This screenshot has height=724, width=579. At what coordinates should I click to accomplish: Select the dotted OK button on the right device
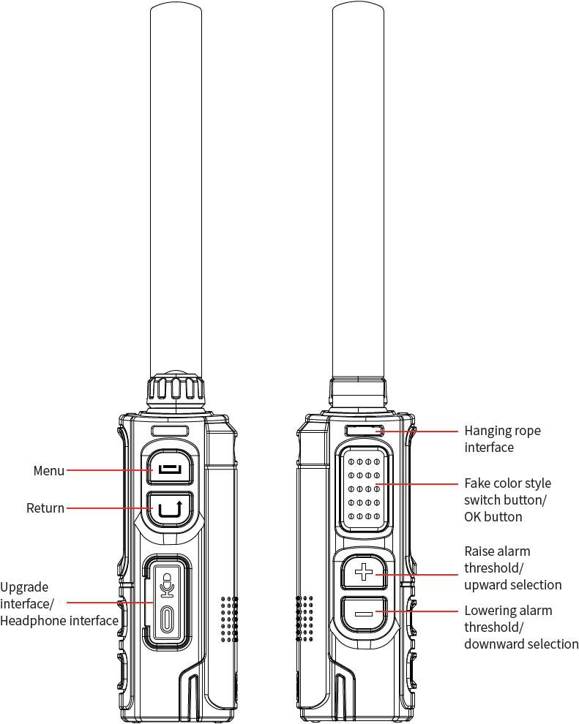tap(364, 489)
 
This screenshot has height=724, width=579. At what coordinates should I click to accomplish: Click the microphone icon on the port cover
tap(168, 583)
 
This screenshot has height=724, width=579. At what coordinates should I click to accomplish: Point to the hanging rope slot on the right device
tap(364, 431)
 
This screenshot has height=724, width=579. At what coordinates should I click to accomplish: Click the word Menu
tap(49, 471)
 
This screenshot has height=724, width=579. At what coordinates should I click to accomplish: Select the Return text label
tap(45, 508)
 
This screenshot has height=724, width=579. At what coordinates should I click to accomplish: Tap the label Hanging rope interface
tap(502, 439)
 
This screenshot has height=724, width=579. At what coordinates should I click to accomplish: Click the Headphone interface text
tap(59, 621)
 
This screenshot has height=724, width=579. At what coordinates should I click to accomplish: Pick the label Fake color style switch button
tap(507, 492)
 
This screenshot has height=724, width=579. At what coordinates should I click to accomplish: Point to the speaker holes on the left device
tap(229, 617)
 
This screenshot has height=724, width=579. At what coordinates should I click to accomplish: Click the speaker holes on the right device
tap(305, 617)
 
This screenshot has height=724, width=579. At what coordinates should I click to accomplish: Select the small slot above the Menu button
tap(170, 431)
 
